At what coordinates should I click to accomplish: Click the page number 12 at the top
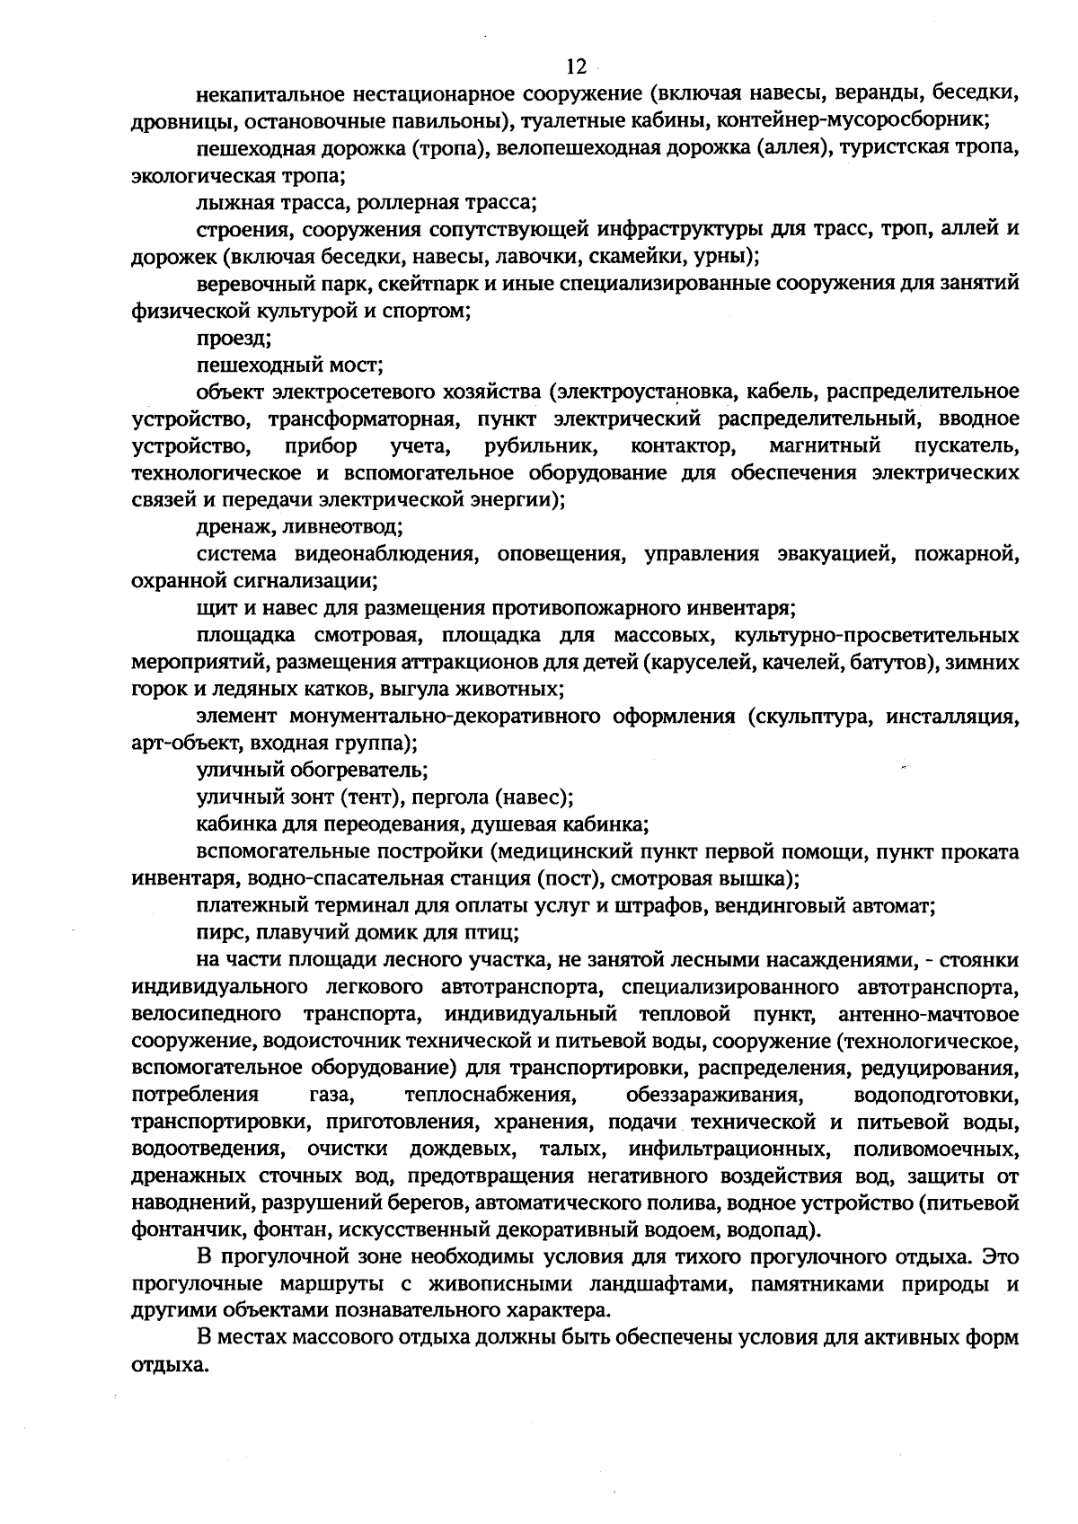(x=576, y=66)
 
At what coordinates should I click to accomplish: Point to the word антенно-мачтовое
(x=928, y=1015)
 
